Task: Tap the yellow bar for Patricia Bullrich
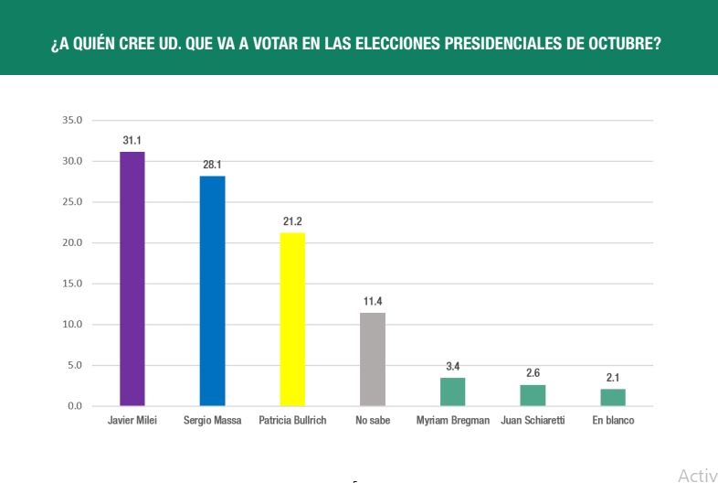[292, 319]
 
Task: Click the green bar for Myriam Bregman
[453, 392]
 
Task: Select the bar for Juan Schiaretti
[533, 395]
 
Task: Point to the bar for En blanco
[613, 397]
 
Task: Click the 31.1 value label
[132, 140]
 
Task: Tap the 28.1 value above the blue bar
[212, 165]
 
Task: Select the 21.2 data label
[292, 221]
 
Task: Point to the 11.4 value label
[373, 301]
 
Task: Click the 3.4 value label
[453, 367]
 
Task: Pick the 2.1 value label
[613, 378]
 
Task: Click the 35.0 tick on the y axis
[71, 120]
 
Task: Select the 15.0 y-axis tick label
[71, 284]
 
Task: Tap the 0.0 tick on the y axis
[74, 406]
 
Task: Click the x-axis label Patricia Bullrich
[292, 421]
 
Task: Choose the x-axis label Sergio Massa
[212, 421]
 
